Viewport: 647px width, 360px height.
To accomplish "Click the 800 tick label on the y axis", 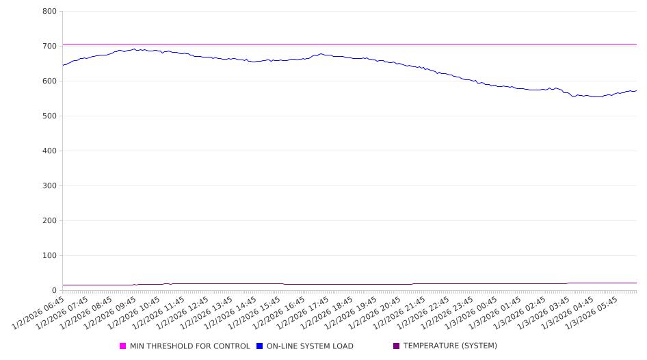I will tap(49, 12).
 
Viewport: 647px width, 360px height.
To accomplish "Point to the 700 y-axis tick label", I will tap(49, 47).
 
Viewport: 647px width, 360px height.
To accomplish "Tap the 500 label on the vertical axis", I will tap(49, 116).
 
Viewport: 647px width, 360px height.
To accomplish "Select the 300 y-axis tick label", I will tap(49, 186).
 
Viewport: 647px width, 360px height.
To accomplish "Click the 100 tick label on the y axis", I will tap(49, 256).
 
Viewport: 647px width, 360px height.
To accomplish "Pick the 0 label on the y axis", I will tap(54, 291).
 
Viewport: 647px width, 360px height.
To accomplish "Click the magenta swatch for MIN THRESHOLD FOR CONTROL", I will tap(123, 346).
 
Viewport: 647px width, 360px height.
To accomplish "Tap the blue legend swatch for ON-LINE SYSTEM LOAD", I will tap(260, 346).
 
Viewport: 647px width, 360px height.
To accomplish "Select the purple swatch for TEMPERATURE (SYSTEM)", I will tap(397, 346).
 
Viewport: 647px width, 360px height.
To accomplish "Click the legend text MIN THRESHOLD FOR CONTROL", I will tap(189, 346).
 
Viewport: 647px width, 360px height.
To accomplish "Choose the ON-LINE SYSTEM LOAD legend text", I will tap(310, 346).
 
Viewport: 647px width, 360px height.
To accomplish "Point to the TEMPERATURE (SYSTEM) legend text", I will tap(450, 346).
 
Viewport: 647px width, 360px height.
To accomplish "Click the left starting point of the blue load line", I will tap(63, 66).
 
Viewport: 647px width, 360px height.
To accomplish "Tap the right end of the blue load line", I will tap(636, 90).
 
